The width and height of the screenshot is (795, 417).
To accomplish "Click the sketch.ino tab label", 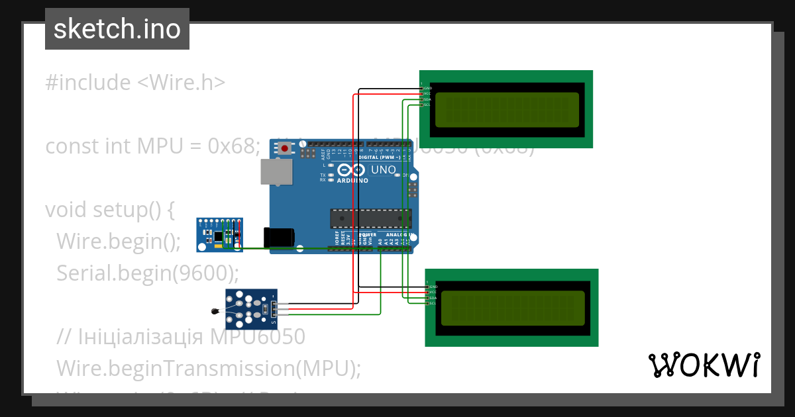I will click(117, 29).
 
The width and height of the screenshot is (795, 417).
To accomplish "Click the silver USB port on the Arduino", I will click(274, 171).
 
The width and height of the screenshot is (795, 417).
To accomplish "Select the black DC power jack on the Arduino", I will click(278, 238).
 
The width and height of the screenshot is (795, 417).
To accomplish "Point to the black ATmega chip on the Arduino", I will click(370, 218).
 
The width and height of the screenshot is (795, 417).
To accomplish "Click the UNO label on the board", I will click(382, 170).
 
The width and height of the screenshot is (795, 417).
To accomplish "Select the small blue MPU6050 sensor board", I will click(219, 235).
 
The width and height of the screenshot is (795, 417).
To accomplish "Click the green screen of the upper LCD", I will click(507, 109).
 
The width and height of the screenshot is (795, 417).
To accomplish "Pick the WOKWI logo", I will click(704, 365).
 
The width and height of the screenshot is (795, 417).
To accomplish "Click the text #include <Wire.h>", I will click(135, 83).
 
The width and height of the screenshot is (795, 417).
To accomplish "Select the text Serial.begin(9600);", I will click(147, 273).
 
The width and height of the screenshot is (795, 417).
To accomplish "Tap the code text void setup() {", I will click(109, 210).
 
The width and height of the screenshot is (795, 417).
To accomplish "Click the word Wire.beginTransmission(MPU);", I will click(209, 368).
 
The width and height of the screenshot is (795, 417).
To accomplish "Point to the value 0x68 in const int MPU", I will click(231, 146).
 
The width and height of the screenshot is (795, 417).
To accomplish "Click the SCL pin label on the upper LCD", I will click(427, 105).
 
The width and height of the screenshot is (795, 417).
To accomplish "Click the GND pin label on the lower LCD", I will click(434, 287).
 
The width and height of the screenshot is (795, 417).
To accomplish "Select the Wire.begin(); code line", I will click(118, 242).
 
